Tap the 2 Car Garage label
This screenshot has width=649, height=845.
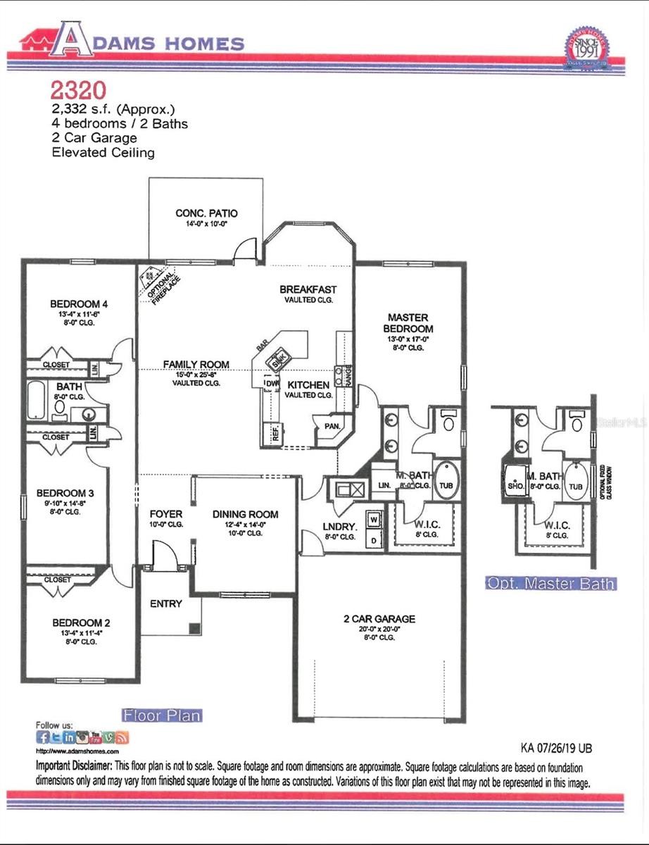[x=379, y=619]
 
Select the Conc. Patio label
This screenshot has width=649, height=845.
[x=206, y=213]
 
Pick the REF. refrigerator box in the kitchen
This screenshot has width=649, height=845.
[x=272, y=432]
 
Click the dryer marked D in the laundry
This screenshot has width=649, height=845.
[x=374, y=539]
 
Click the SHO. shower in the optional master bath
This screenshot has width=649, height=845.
[x=513, y=484]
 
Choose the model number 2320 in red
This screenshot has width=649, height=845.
[x=78, y=89]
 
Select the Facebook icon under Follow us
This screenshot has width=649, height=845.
[x=43, y=737]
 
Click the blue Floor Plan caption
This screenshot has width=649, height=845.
[x=162, y=715]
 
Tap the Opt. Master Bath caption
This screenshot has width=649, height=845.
[x=550, y=583]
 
